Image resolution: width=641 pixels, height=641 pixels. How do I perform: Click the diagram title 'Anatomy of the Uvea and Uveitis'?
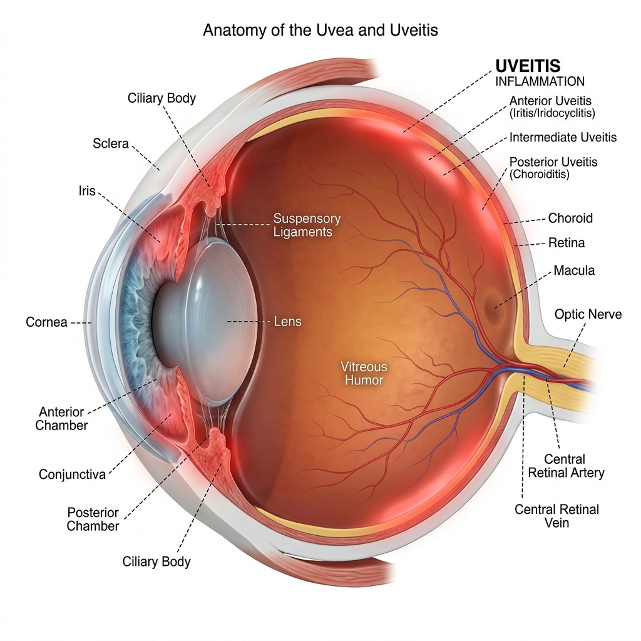click(x=320, y=30)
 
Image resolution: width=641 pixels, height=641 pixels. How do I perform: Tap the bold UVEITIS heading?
click(x=528, y=66)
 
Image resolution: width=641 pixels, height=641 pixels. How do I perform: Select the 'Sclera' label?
click(x=110, y=143)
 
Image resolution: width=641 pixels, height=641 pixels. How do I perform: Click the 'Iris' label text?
click(x=87, y=190)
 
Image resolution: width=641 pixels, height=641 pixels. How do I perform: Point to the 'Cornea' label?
click(x=46, y=322)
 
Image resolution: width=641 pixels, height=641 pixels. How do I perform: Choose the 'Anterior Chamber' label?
click(x=61, y=419)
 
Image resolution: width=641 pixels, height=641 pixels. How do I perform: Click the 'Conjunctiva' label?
click(x=73, y=474)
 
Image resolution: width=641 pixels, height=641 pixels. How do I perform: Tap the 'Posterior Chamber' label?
click(x=93, y=519)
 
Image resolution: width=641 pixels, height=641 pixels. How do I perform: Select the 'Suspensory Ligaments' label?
click(x=307, y=225)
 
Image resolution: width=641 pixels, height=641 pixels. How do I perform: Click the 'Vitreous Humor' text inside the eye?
click(x=364, y=373)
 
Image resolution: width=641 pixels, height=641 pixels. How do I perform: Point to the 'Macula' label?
click(x=574, y=270)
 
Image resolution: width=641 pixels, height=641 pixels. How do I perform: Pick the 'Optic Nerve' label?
click(x=588, y=314)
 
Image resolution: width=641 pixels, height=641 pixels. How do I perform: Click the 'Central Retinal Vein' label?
click(x=556, y=516)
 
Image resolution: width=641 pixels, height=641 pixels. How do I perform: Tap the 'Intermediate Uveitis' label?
click(x=563, y=137)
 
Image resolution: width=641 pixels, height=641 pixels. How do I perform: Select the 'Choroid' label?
click(x=570, y=218)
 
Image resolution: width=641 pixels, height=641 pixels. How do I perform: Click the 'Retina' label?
click(x=566, y=243)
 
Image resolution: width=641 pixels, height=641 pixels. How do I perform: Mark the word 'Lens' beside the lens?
click(x=288, y=322)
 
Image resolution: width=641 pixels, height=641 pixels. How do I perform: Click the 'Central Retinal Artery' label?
click(x=566, y=466)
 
